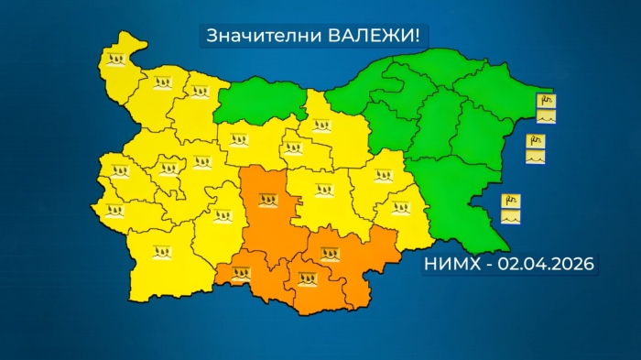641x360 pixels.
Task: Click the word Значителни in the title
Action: [250, 36]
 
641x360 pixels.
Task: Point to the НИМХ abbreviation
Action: [451, 264]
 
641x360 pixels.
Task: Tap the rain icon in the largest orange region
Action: [268, 199]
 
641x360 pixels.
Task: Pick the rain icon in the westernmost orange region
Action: [241, 272]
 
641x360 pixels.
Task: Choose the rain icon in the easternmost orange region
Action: [330, 254]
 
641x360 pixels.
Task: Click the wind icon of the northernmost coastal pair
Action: [547, 100]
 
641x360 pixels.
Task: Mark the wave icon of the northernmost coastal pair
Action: [547, 117]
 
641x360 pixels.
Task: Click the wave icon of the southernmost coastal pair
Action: [510, 218]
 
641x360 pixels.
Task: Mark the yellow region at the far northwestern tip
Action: [119, 64]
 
